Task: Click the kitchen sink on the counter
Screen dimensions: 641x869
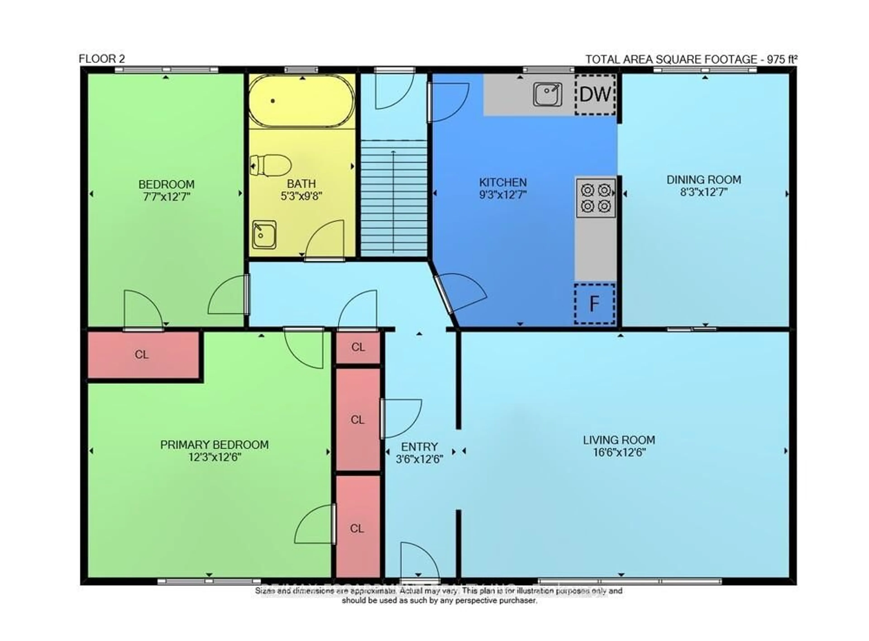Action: click(547, 94)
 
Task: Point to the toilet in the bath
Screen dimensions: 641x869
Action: click(271, 165)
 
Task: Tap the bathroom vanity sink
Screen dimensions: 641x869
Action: click(264, 234)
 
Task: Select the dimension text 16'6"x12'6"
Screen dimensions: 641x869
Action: click(619, 452)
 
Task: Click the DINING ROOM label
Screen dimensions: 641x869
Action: click(704, 180)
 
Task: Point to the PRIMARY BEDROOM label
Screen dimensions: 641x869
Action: click(214, 445)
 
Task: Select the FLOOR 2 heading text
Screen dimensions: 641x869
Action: click(102, 59)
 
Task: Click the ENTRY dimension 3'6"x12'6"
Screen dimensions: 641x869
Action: click(419, 459)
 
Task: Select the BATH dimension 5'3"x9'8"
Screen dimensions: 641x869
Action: click(302, 196)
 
